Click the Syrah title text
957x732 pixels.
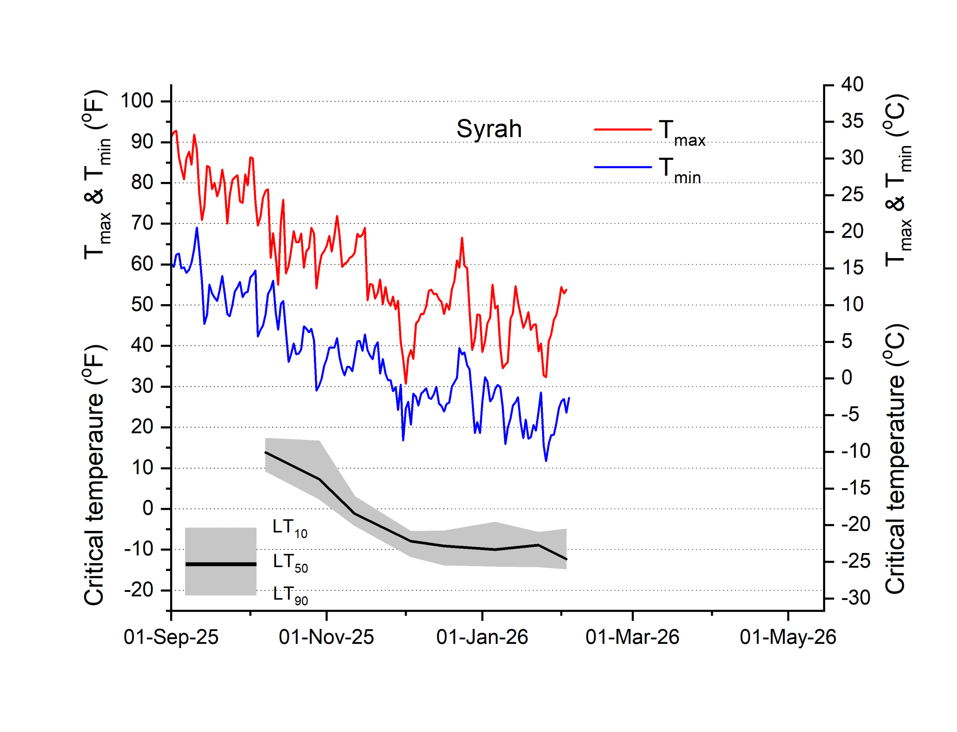pyautogui.click(x=489, y=129)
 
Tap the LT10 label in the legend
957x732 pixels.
pyautogui.click(x=289, y=528)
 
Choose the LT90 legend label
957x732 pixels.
pyautogui.click(x=290, y=595)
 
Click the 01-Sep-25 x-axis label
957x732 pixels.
pyautogui.click(x=171, y=637)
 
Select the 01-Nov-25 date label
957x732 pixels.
pyautogui.click(x=326, y=637)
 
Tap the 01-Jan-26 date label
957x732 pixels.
pyautogui.click(x=482, y=637)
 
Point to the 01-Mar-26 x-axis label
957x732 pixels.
pyautogui.click(x=633, y=637)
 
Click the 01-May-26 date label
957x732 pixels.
pyautogui.click(x=788, y=637)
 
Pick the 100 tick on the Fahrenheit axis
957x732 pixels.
pyautogui.click(x=137, y=101)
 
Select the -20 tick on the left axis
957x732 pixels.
pyautogui.click(x=139, y=590)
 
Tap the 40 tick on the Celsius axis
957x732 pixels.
pyautogui.click(x=852, y=84)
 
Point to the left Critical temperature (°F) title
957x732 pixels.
pyautogui.click(x=94, y=475)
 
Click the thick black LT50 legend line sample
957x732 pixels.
pyautogui.click(x=221, y=564)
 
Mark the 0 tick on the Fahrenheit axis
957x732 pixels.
pyautogui.click(x=148, y=509)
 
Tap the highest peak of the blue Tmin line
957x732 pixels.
pyautogui.click(x=197, y=228)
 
